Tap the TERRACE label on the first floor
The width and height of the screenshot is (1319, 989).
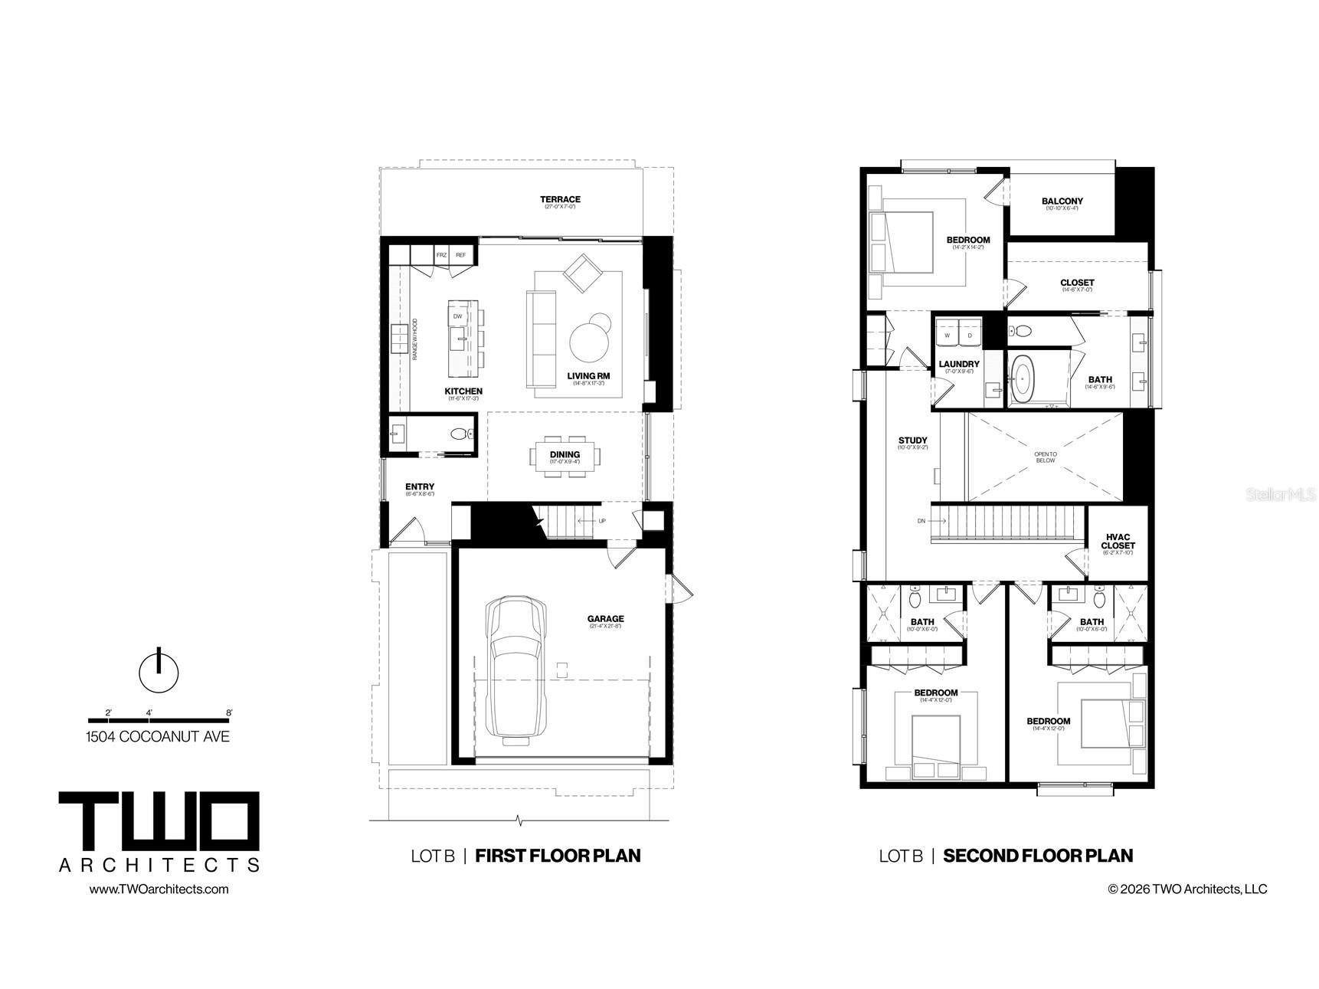(560, 200)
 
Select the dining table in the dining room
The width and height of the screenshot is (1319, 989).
(565, 457)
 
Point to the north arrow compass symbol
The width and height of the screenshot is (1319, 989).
(159, 671)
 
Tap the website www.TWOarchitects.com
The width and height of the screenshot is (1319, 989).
(159, 889)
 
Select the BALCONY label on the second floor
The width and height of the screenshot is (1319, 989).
(1062, 201)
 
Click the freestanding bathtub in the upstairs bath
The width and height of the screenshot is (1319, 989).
(1023, 378)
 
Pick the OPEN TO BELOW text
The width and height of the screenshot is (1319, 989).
(1045, 457)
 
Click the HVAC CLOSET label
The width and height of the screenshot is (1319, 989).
(1118, 542)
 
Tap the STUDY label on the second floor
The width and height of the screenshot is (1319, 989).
(912, 440)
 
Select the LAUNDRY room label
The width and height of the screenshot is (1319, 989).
(958, 365)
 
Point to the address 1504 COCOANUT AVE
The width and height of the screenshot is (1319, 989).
(157, 737)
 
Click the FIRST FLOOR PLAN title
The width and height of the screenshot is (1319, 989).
(558, 856)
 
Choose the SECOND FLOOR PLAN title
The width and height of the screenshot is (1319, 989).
(1037, 856)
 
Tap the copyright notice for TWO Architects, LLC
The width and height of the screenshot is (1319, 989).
(1187, 889)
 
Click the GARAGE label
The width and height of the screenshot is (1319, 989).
(605, 619)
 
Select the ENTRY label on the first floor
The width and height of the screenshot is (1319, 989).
(420, 487)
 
